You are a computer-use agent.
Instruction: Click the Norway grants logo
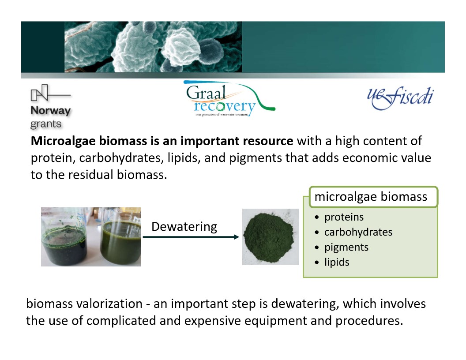tap(50, 106)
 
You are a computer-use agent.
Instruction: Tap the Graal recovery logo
tap(229, 98)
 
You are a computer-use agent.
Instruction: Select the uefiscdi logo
tap(400, 98)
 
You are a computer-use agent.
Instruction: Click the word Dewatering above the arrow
tap(184, 227)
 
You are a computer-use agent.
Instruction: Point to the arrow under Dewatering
tap(191, 237)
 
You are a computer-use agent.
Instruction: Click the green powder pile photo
tap(270, 237)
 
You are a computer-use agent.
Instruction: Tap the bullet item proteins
tap(344, 217)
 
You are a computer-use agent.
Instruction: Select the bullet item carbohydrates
tap(358, 232)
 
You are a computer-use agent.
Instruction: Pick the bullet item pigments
tap(346, 247)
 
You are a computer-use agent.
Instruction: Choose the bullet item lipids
tap(337, 262)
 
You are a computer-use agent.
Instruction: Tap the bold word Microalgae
tap(63, 141)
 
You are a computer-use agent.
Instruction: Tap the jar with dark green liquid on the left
tap(64, 238)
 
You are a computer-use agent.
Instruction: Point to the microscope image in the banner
tap(153, 47)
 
